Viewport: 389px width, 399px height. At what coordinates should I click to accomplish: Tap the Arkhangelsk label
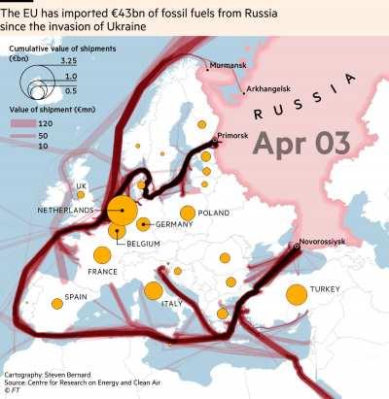pos(269,89)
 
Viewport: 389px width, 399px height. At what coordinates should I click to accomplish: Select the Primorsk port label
pos(235,136)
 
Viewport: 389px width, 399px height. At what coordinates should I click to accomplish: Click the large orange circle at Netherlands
pos(122,210)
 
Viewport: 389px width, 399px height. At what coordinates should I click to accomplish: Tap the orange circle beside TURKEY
pos(297,294)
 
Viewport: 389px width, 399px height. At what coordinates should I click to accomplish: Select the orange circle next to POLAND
pos(187,213)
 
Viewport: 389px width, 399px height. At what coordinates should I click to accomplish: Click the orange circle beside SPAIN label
pos(56,303)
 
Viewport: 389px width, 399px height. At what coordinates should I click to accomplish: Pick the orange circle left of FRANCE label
pos(102,255)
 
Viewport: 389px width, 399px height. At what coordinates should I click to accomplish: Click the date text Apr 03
pos(301,143)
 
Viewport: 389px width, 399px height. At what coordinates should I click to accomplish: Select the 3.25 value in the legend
pos(68,61)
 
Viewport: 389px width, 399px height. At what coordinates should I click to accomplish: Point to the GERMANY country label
pos(174,225)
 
